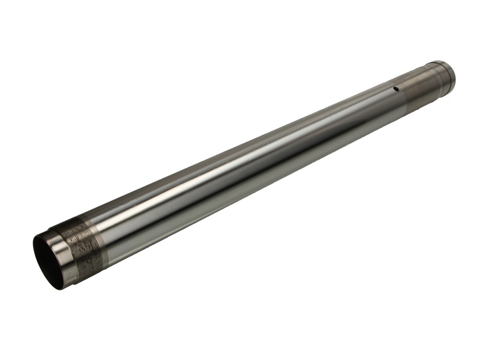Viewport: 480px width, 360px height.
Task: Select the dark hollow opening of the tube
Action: [48, 261]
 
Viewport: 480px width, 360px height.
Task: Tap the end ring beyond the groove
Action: [443, 76]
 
